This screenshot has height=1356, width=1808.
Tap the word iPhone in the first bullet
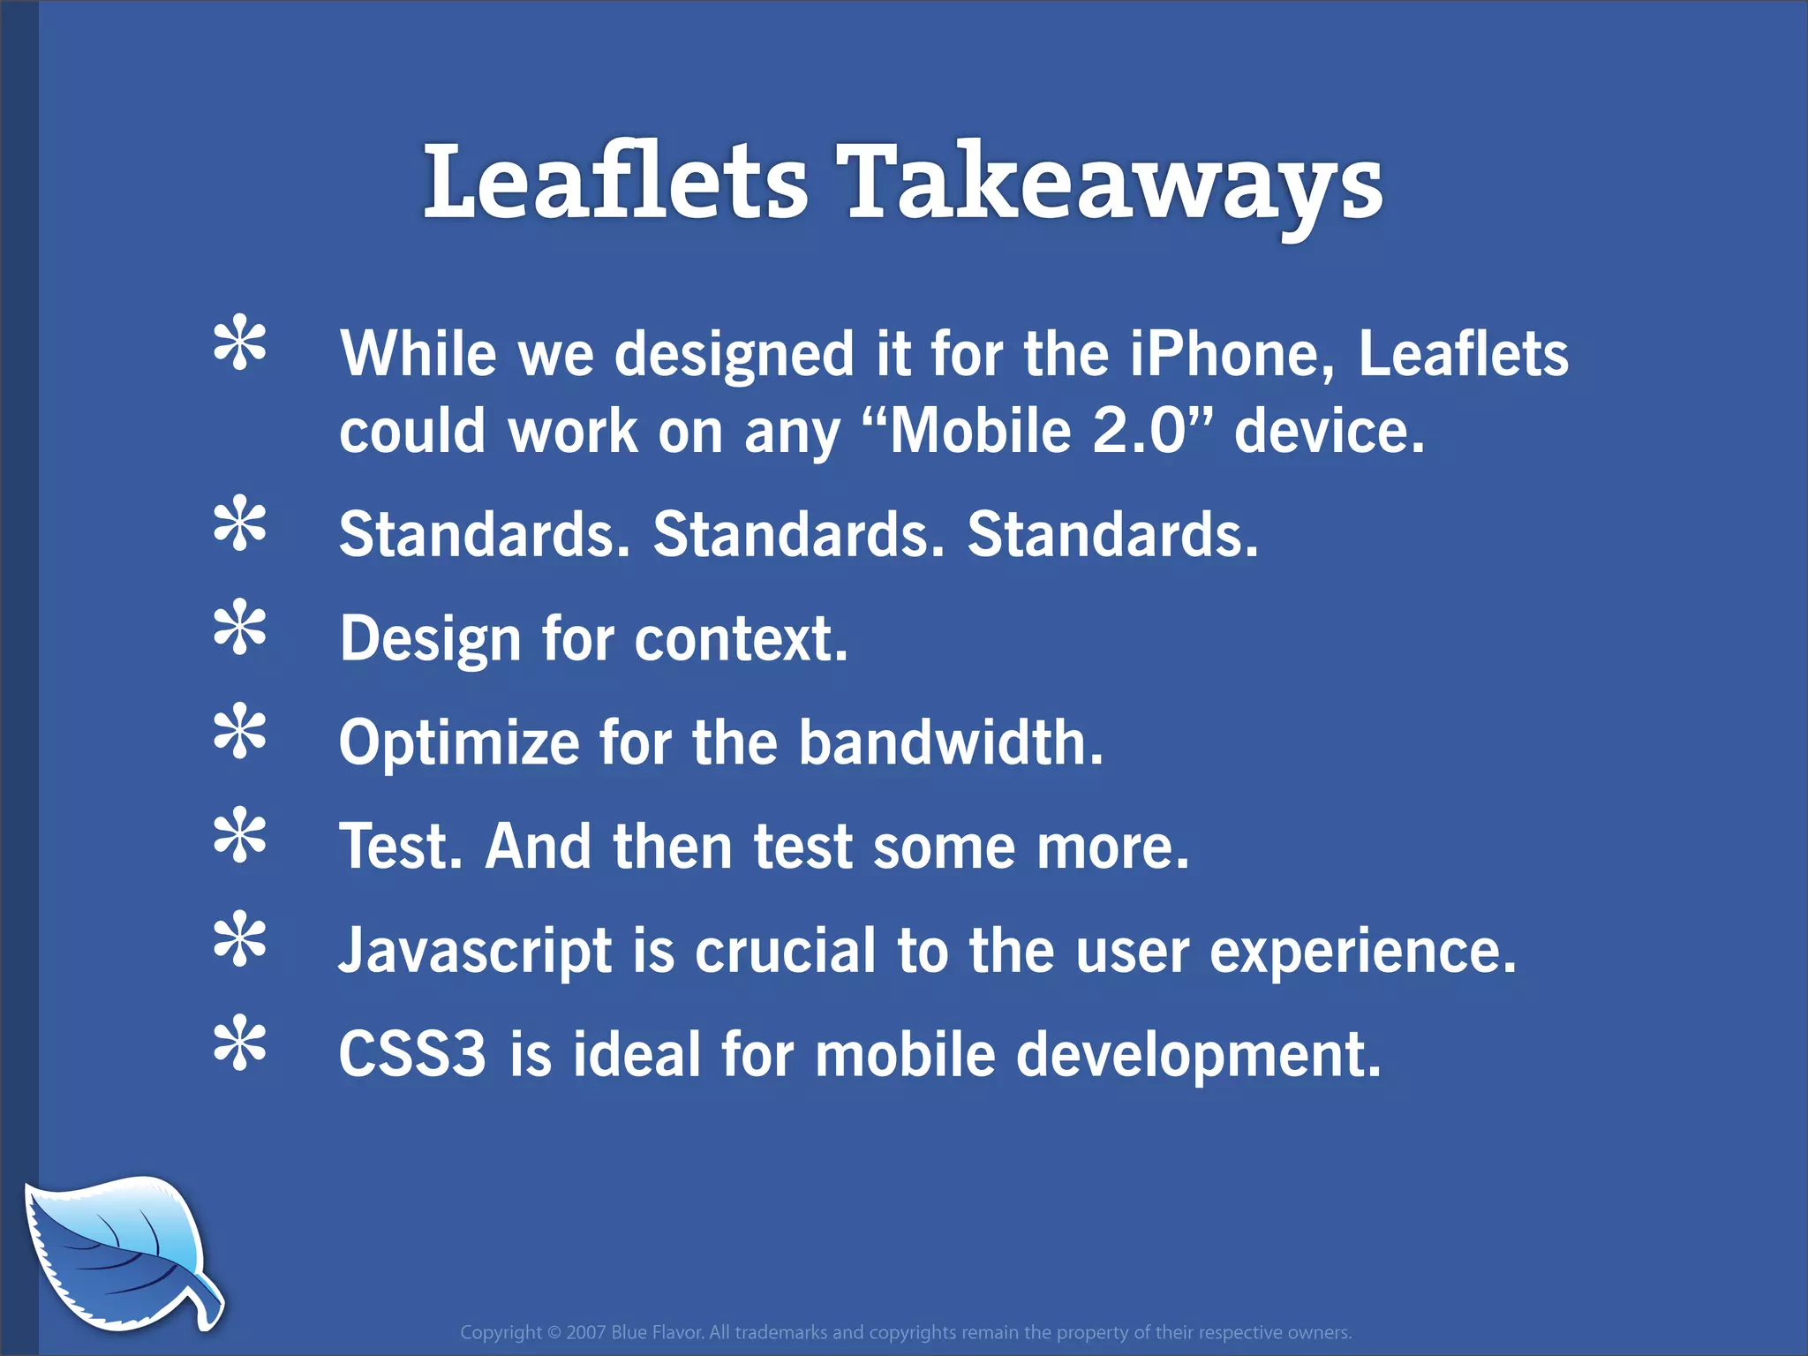tap(1231, 354)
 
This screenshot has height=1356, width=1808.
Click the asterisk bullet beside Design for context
tap(239, 628)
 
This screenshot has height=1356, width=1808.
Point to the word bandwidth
tap(950, 742)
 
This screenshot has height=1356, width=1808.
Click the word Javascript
tap(476, 952)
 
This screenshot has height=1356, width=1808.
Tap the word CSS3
tap(412, 1054)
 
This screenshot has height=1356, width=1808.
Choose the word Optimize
tap(459, 742)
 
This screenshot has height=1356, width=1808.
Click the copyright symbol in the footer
tap(554, 1332)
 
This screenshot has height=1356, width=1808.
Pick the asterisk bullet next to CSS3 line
tap(239, 1044)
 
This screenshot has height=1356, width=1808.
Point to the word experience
tap(1362, 952)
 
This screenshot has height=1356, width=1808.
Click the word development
tap(1197, 1054)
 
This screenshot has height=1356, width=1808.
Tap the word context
tap(740, 638)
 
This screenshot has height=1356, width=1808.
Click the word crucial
tap(785, 952)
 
